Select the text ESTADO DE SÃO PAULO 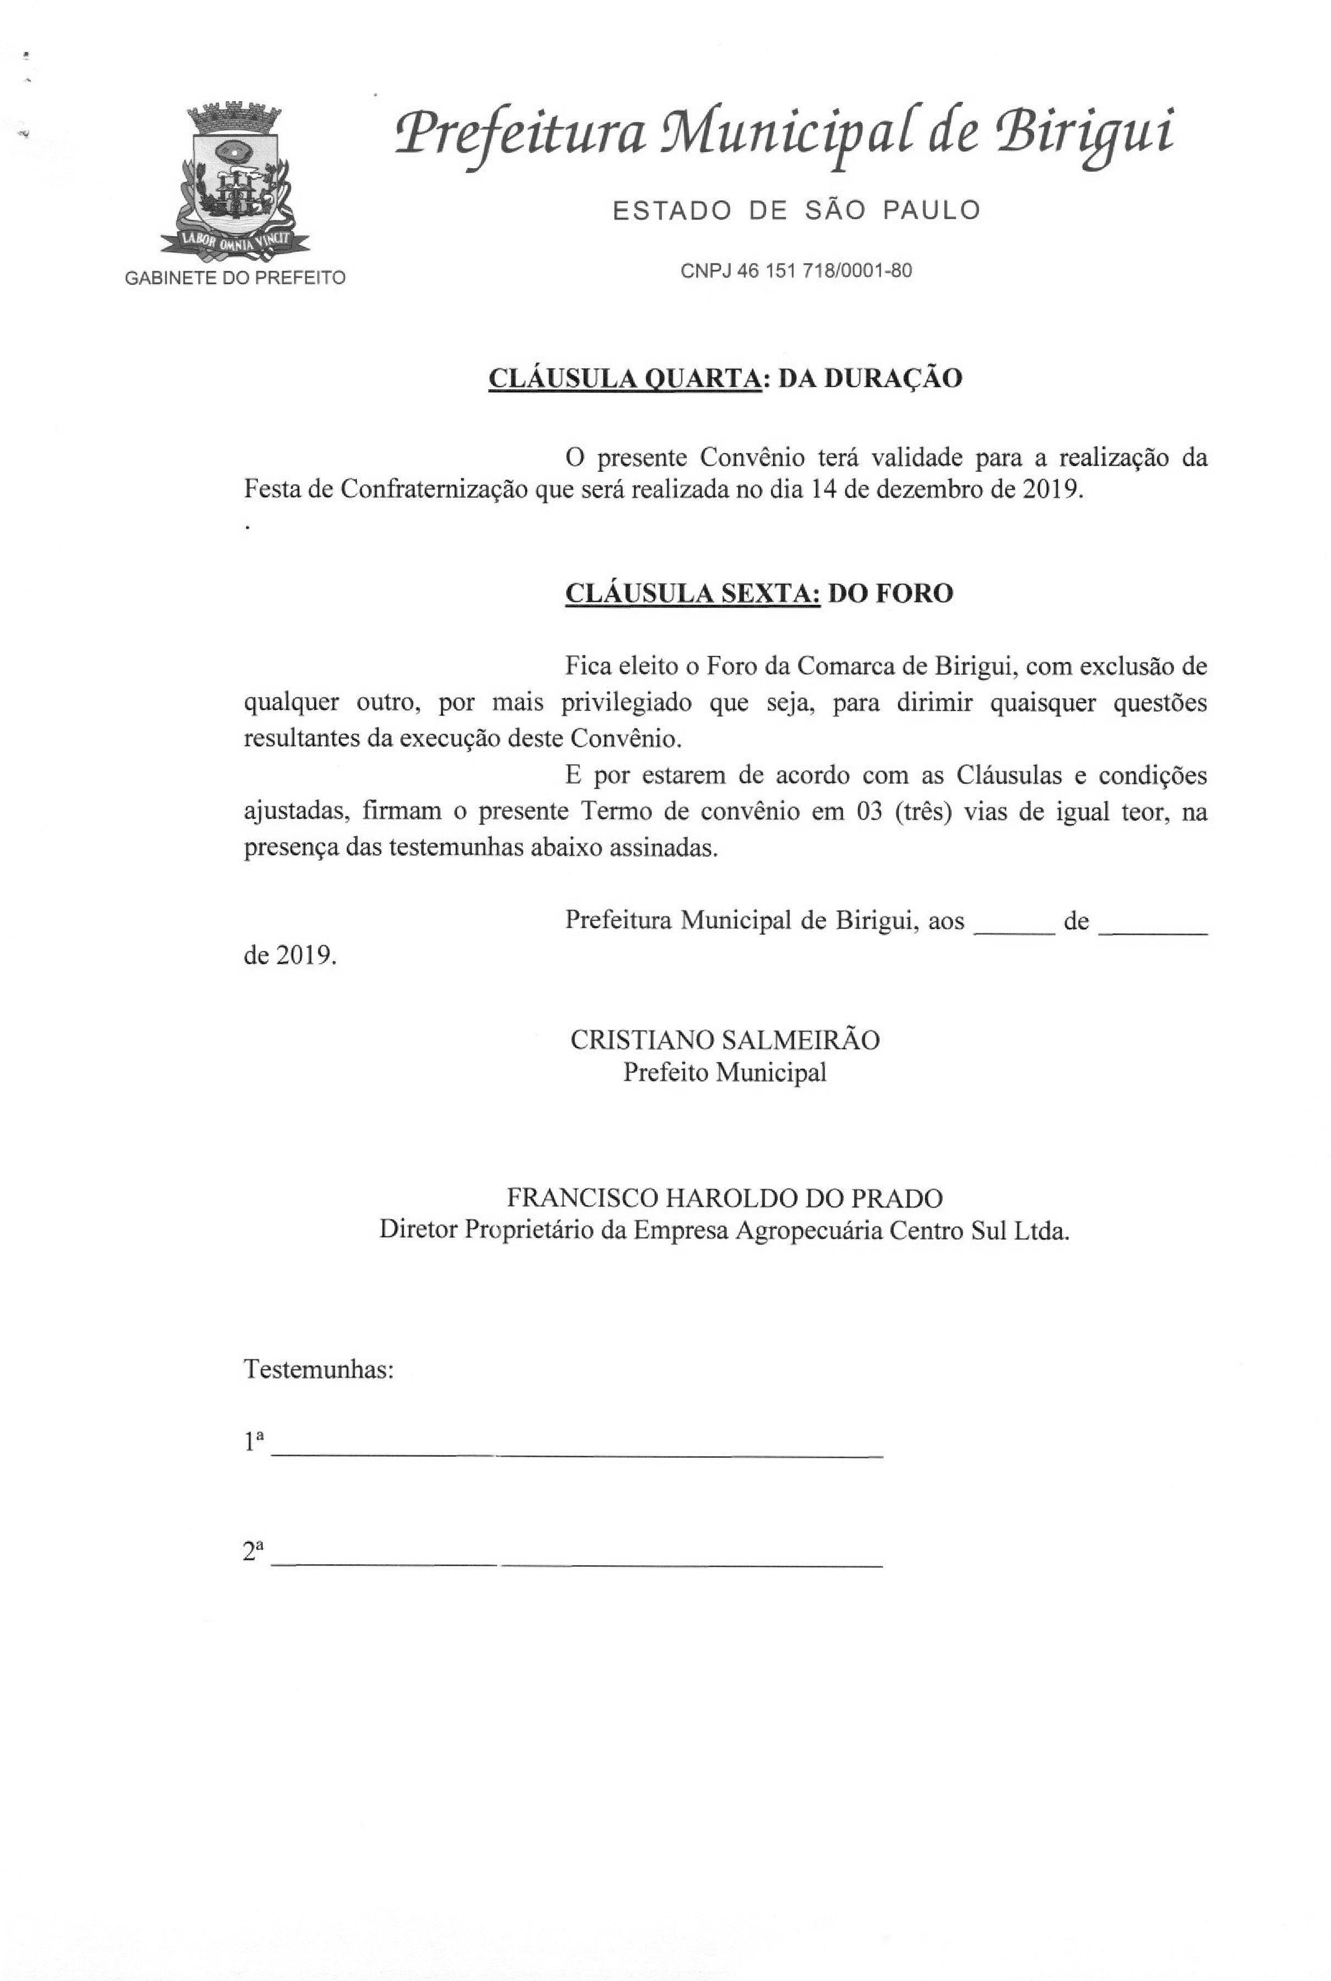796,209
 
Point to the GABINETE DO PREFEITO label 235,278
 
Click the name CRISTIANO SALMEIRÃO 725,1040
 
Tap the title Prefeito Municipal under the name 725,1073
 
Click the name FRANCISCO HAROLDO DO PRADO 725,1199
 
